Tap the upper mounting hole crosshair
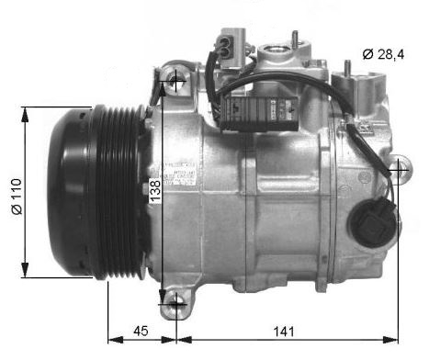[175, 84]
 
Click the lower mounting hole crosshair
[175, 301]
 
